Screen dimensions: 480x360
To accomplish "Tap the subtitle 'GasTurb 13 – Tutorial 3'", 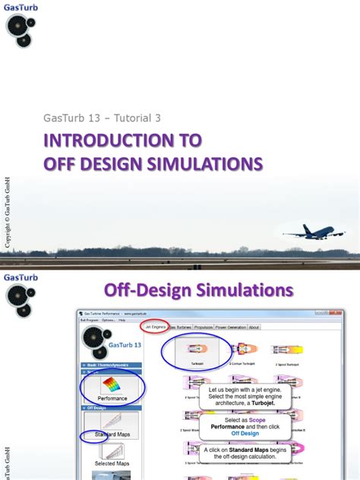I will coord(102,118).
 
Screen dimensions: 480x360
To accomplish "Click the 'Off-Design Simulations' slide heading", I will coord(198,290).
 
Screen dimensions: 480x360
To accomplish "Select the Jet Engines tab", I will coord(154,327).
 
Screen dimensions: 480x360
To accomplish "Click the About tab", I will coord(254,327).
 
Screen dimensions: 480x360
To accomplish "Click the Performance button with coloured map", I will coord(112,387).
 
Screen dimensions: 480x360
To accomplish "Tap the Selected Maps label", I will coord(111,463).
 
